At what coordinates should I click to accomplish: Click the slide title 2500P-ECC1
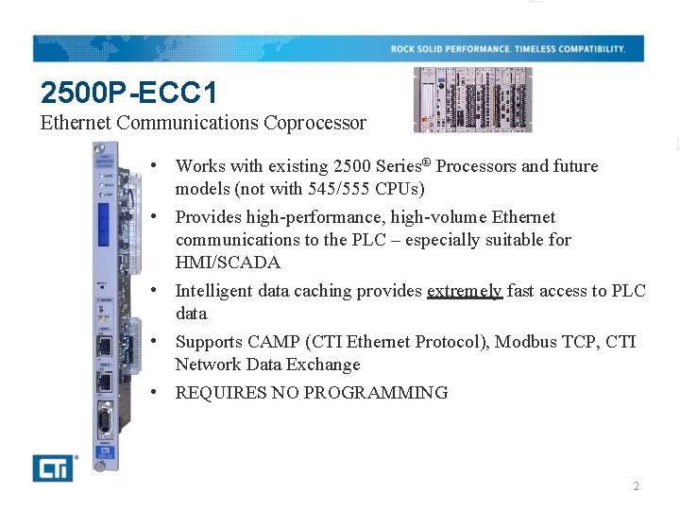[x=128, y=93]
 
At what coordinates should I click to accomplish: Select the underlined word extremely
[x=464, y=291]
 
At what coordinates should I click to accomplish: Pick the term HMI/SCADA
[x=228, y=263]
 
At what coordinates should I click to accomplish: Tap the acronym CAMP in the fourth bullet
[x=274, y=342]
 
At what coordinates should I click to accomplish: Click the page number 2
[x=636, y=486]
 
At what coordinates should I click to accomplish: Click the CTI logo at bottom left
[x=53, y=467]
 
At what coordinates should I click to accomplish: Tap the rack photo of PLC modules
[x=472, y=99]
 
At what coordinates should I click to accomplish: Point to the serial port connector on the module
[x=104, y=421]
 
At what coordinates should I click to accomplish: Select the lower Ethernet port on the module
[x=104, y=381]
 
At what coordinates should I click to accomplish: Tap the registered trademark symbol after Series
[x=427, y=161]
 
